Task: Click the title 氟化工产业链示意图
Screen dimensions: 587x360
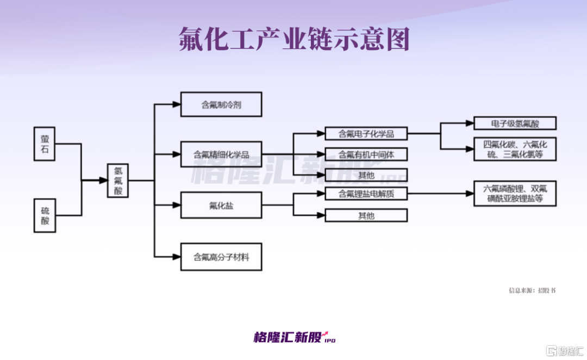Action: [x=294, y=39]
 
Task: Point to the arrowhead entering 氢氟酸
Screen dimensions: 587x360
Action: [x=103, y=181]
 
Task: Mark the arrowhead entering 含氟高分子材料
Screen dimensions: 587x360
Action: [x=176, y=257]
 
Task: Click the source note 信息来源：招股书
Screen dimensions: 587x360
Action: [x=532, y=290]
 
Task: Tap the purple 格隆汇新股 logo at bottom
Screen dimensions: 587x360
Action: [x=295, y=337]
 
